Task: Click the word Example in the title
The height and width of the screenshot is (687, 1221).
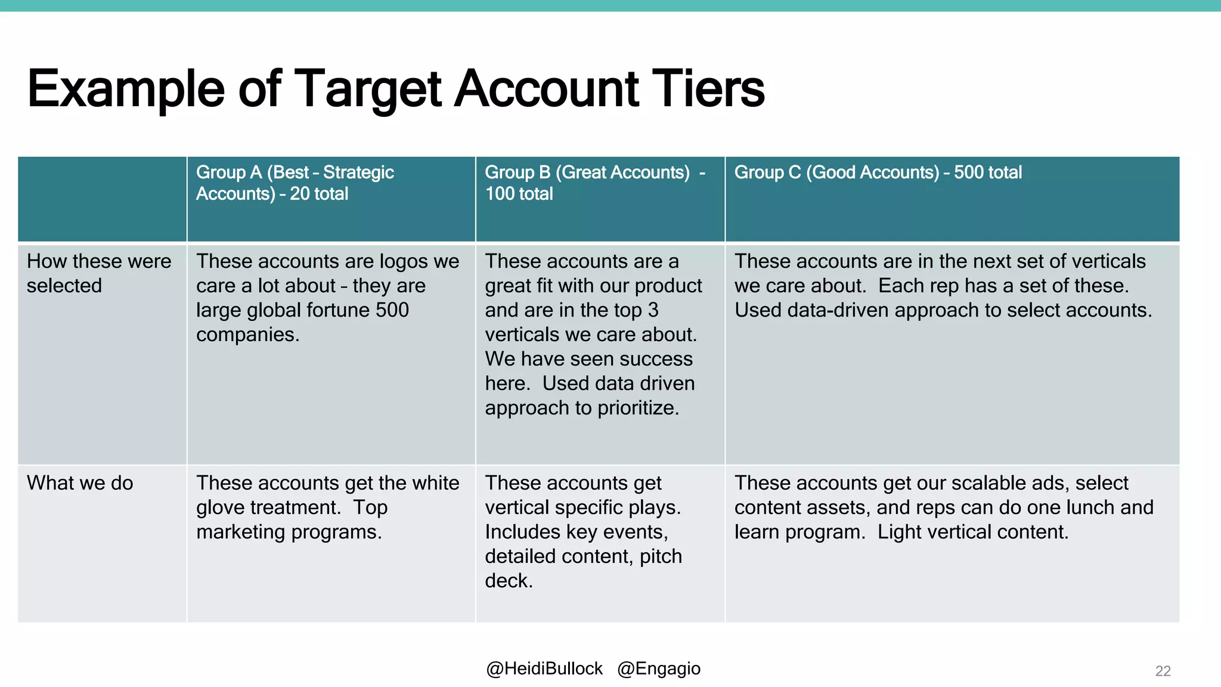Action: pyautogui.click(x=126, y=89)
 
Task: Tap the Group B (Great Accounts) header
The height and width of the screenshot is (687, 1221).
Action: pyautogui.click(x=594, y=182)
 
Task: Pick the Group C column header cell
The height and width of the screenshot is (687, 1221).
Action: pyautogui.click(x=878, y=172)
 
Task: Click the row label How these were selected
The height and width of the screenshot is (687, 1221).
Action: pyautogui.click(x=99, y=273)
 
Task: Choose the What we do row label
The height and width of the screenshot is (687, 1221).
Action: pyautogui.click(x=80, y=482)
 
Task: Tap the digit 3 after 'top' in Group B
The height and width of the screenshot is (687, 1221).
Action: pyautogui.click(x=653, y=310)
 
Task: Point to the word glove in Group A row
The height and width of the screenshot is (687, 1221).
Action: pyautogui.click(x=220, y=507)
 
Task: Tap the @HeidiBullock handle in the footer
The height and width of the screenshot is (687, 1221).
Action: pyautogui.click(x=544, y=669)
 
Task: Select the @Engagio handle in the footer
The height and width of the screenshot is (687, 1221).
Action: pyautogui.click(x=659, y=669)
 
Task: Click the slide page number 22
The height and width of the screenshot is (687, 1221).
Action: pyautogui.click(x=1163, y=671)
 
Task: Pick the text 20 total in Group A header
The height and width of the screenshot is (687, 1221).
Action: pyautogui.click(x=319, y=194)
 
